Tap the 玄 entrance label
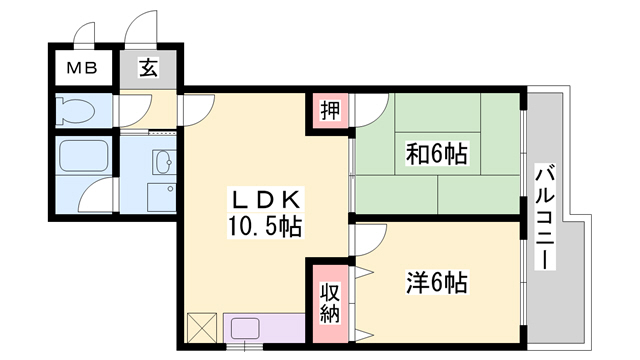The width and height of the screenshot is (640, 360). click(x=147, y=70)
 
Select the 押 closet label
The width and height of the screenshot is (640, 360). click(x=329, y=110)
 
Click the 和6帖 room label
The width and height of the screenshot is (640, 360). click(x=437, y=154)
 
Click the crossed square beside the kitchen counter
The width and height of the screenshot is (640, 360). click(x=201, y=328)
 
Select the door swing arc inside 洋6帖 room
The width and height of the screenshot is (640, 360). click(x=365, y=240)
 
